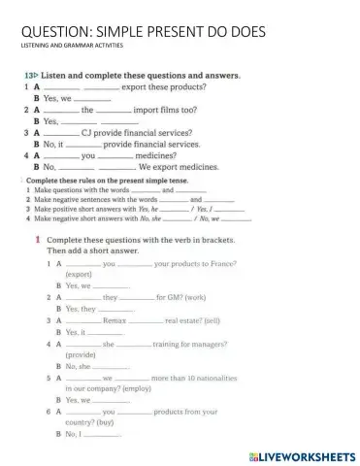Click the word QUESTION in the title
point(51,30)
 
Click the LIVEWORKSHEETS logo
point(300,454)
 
